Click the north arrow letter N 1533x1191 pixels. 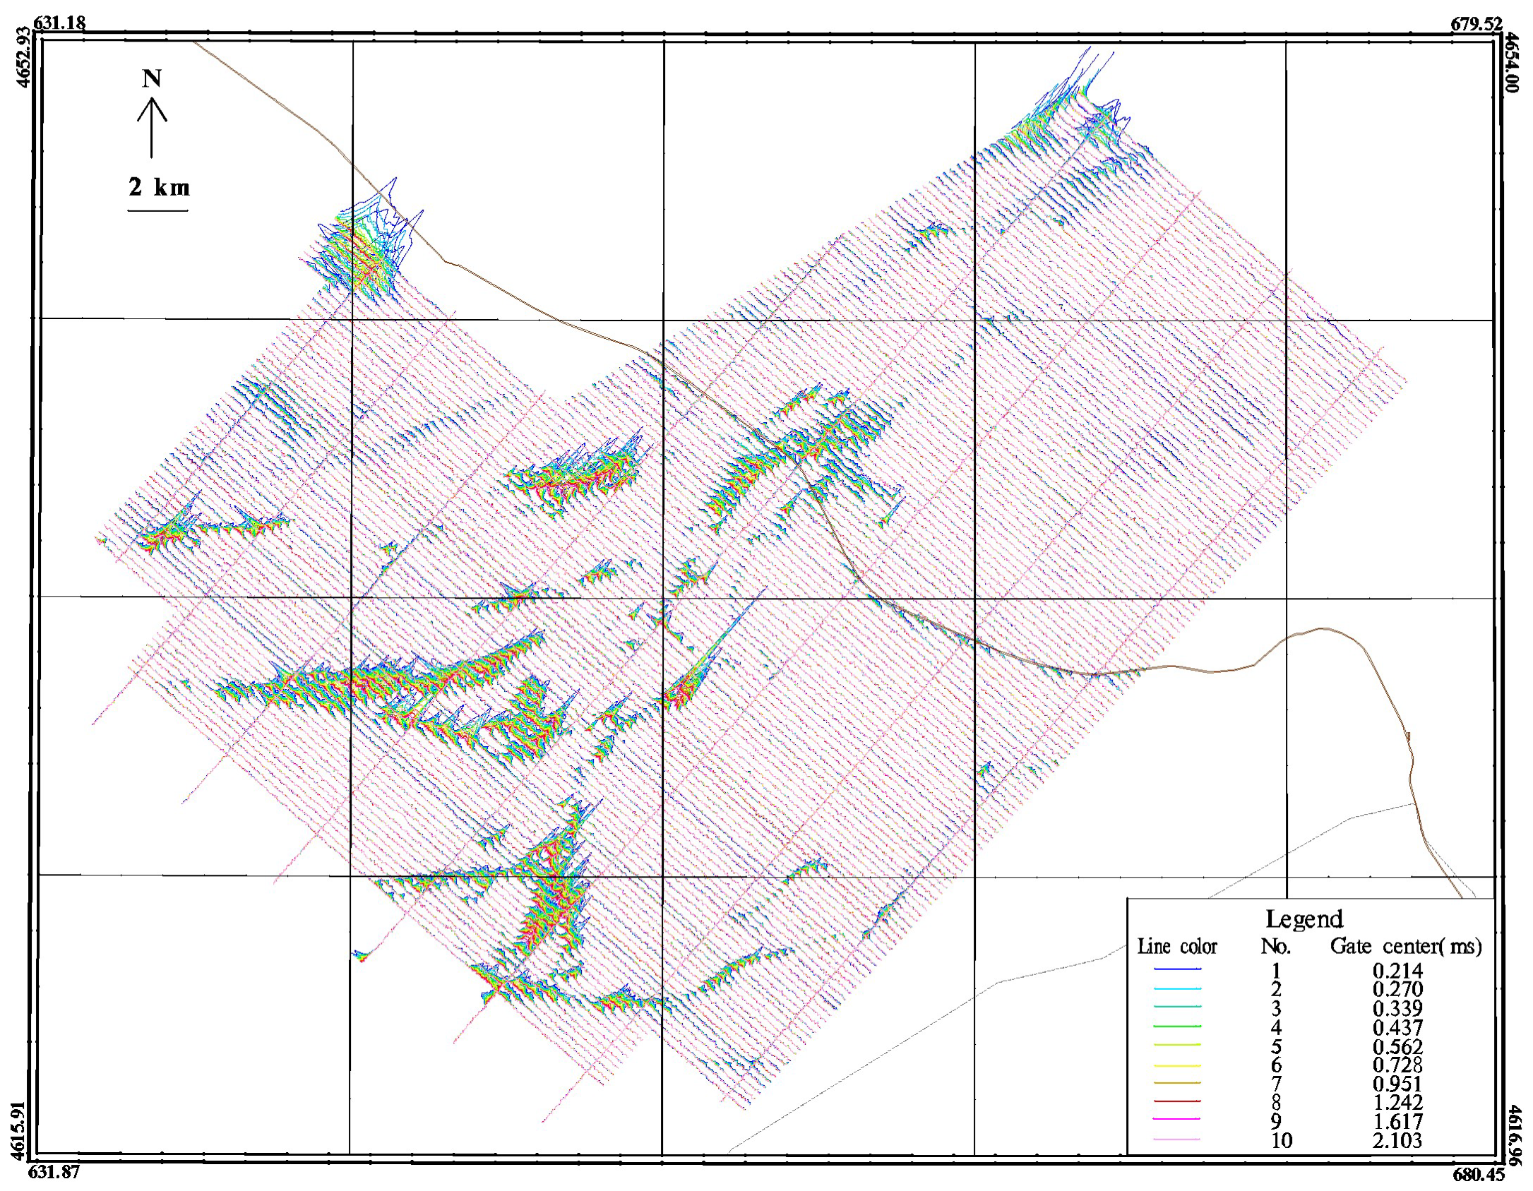(152, 78)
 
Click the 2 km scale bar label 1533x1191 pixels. (159, 187)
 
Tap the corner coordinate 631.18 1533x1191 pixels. (60, 23)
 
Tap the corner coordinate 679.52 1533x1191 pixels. (1476, 24)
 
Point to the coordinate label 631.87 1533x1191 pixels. (54, 1172)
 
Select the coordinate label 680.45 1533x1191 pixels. (1478, 1175)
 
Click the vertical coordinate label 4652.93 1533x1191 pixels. (23, 56)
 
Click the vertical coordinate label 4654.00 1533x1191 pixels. (1510, 62)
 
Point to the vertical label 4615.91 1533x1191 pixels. (18, 1130)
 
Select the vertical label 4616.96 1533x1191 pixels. (1515, 1135)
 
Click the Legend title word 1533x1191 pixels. (1304, 919)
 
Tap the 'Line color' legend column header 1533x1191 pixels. (1177, 947)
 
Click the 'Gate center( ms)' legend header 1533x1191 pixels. (1405, 946)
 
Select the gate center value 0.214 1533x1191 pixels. (1397, 971)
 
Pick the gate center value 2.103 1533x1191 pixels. (1397, 1140)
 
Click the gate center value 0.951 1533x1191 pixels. (1397, 1084)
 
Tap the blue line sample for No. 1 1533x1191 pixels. (1177, 969)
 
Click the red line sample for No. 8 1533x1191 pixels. (1177, 1101)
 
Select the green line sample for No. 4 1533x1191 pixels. (1177, 1026)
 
